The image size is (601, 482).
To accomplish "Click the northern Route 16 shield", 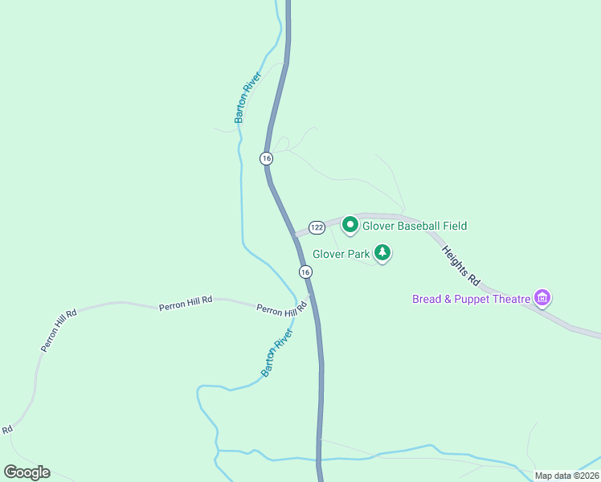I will [267, 158].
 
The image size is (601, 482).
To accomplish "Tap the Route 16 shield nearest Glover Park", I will [305, 272].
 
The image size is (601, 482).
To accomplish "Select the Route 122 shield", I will [317, 227].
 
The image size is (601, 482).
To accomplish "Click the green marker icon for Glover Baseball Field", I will [350, 225].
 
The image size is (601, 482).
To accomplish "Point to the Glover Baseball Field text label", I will [414, 227].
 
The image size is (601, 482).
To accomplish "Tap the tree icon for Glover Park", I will [383, 254].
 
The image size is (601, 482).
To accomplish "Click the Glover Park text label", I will [341, 255].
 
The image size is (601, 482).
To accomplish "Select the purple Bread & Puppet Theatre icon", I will [542, 299].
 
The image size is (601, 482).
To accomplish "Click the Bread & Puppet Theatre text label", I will [472, 300].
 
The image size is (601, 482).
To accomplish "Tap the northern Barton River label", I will [248, 98].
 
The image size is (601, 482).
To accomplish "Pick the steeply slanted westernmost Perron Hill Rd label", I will [59, 329].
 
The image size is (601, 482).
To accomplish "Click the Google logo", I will [27, 472].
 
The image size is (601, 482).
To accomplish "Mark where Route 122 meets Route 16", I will [296, 235].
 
